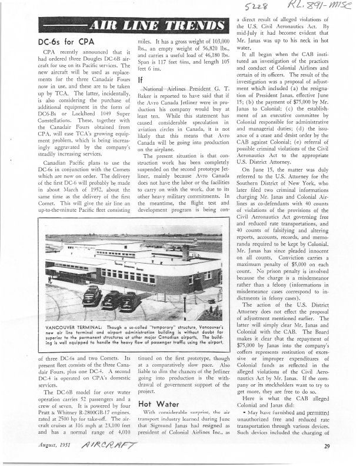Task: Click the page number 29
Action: tap(326, 447)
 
